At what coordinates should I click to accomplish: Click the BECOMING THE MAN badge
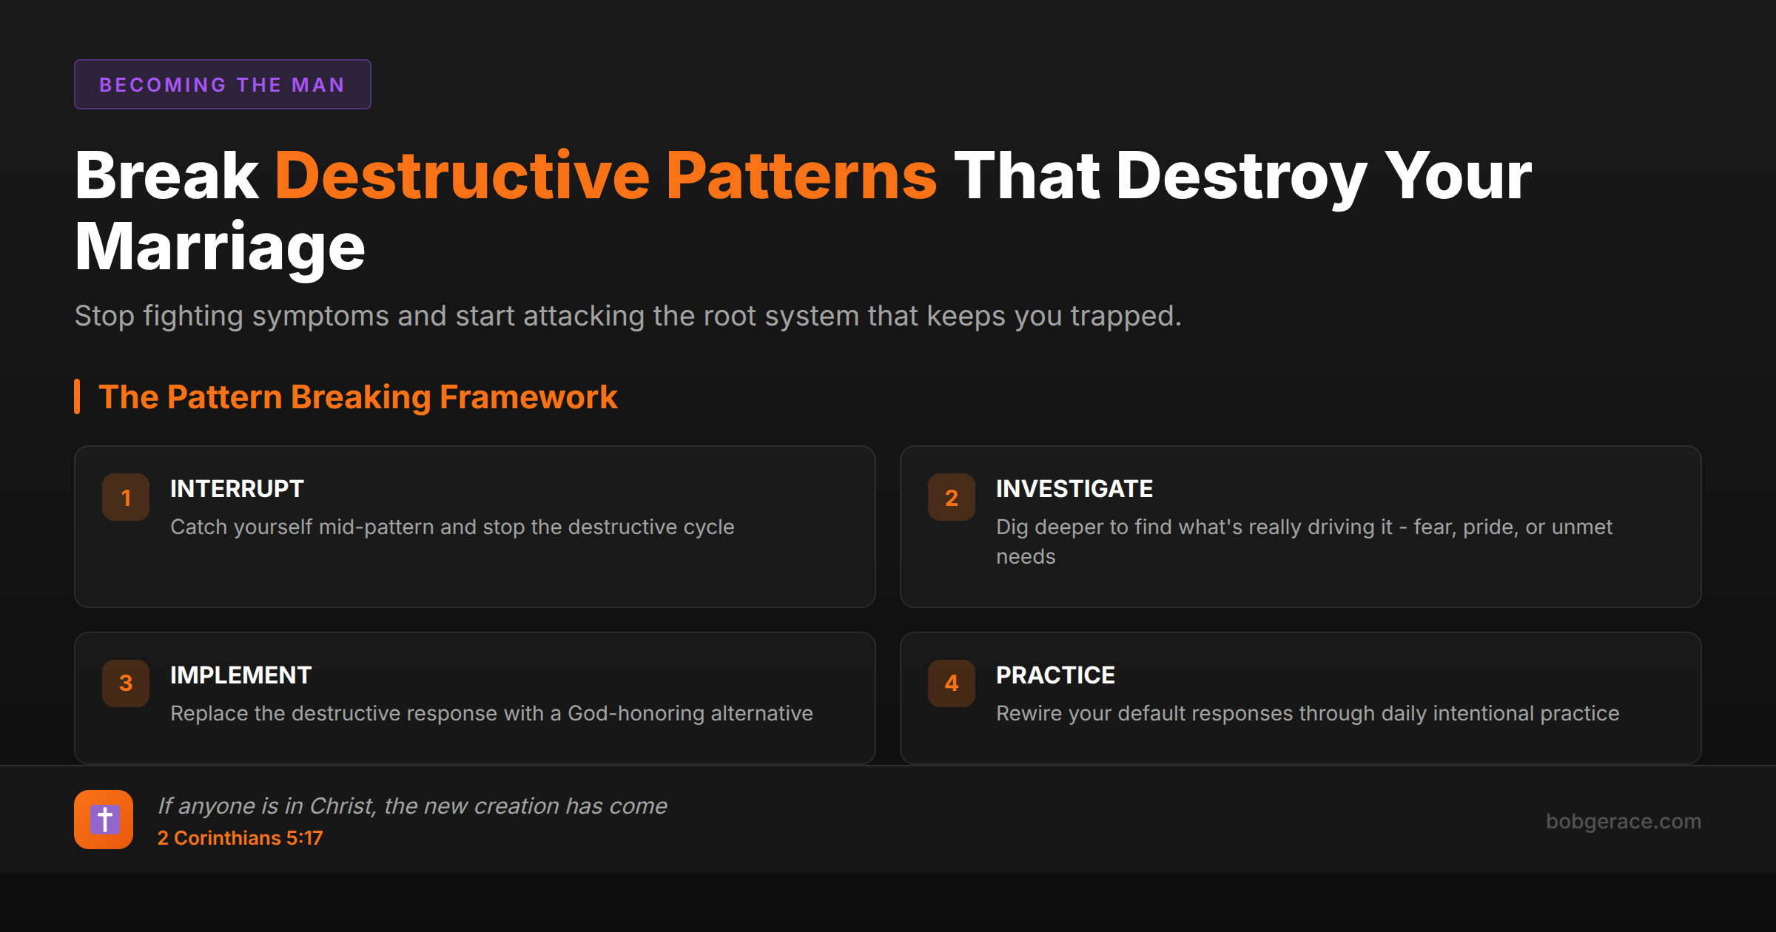point(222,84)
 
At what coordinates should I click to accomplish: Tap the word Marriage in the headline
point(220,247)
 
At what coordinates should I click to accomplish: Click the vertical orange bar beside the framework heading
point(77,396)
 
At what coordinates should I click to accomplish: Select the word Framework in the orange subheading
point(528,397)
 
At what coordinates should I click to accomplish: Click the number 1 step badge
point(126,497)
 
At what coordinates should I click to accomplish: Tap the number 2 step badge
point(952,497)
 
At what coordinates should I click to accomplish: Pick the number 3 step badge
point(126,683)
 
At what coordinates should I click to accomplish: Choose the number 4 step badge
point(952,683)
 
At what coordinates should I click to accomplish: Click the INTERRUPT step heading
point(237,489)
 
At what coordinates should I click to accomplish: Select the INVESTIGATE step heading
point(1074,489)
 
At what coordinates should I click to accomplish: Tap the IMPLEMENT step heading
point(240,675)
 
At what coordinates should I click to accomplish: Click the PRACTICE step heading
point(1055,675)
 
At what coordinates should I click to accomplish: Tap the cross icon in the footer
point(104,820)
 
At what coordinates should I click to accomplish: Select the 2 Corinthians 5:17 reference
point(240,838)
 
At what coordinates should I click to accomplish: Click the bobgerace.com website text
point(1623,821)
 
